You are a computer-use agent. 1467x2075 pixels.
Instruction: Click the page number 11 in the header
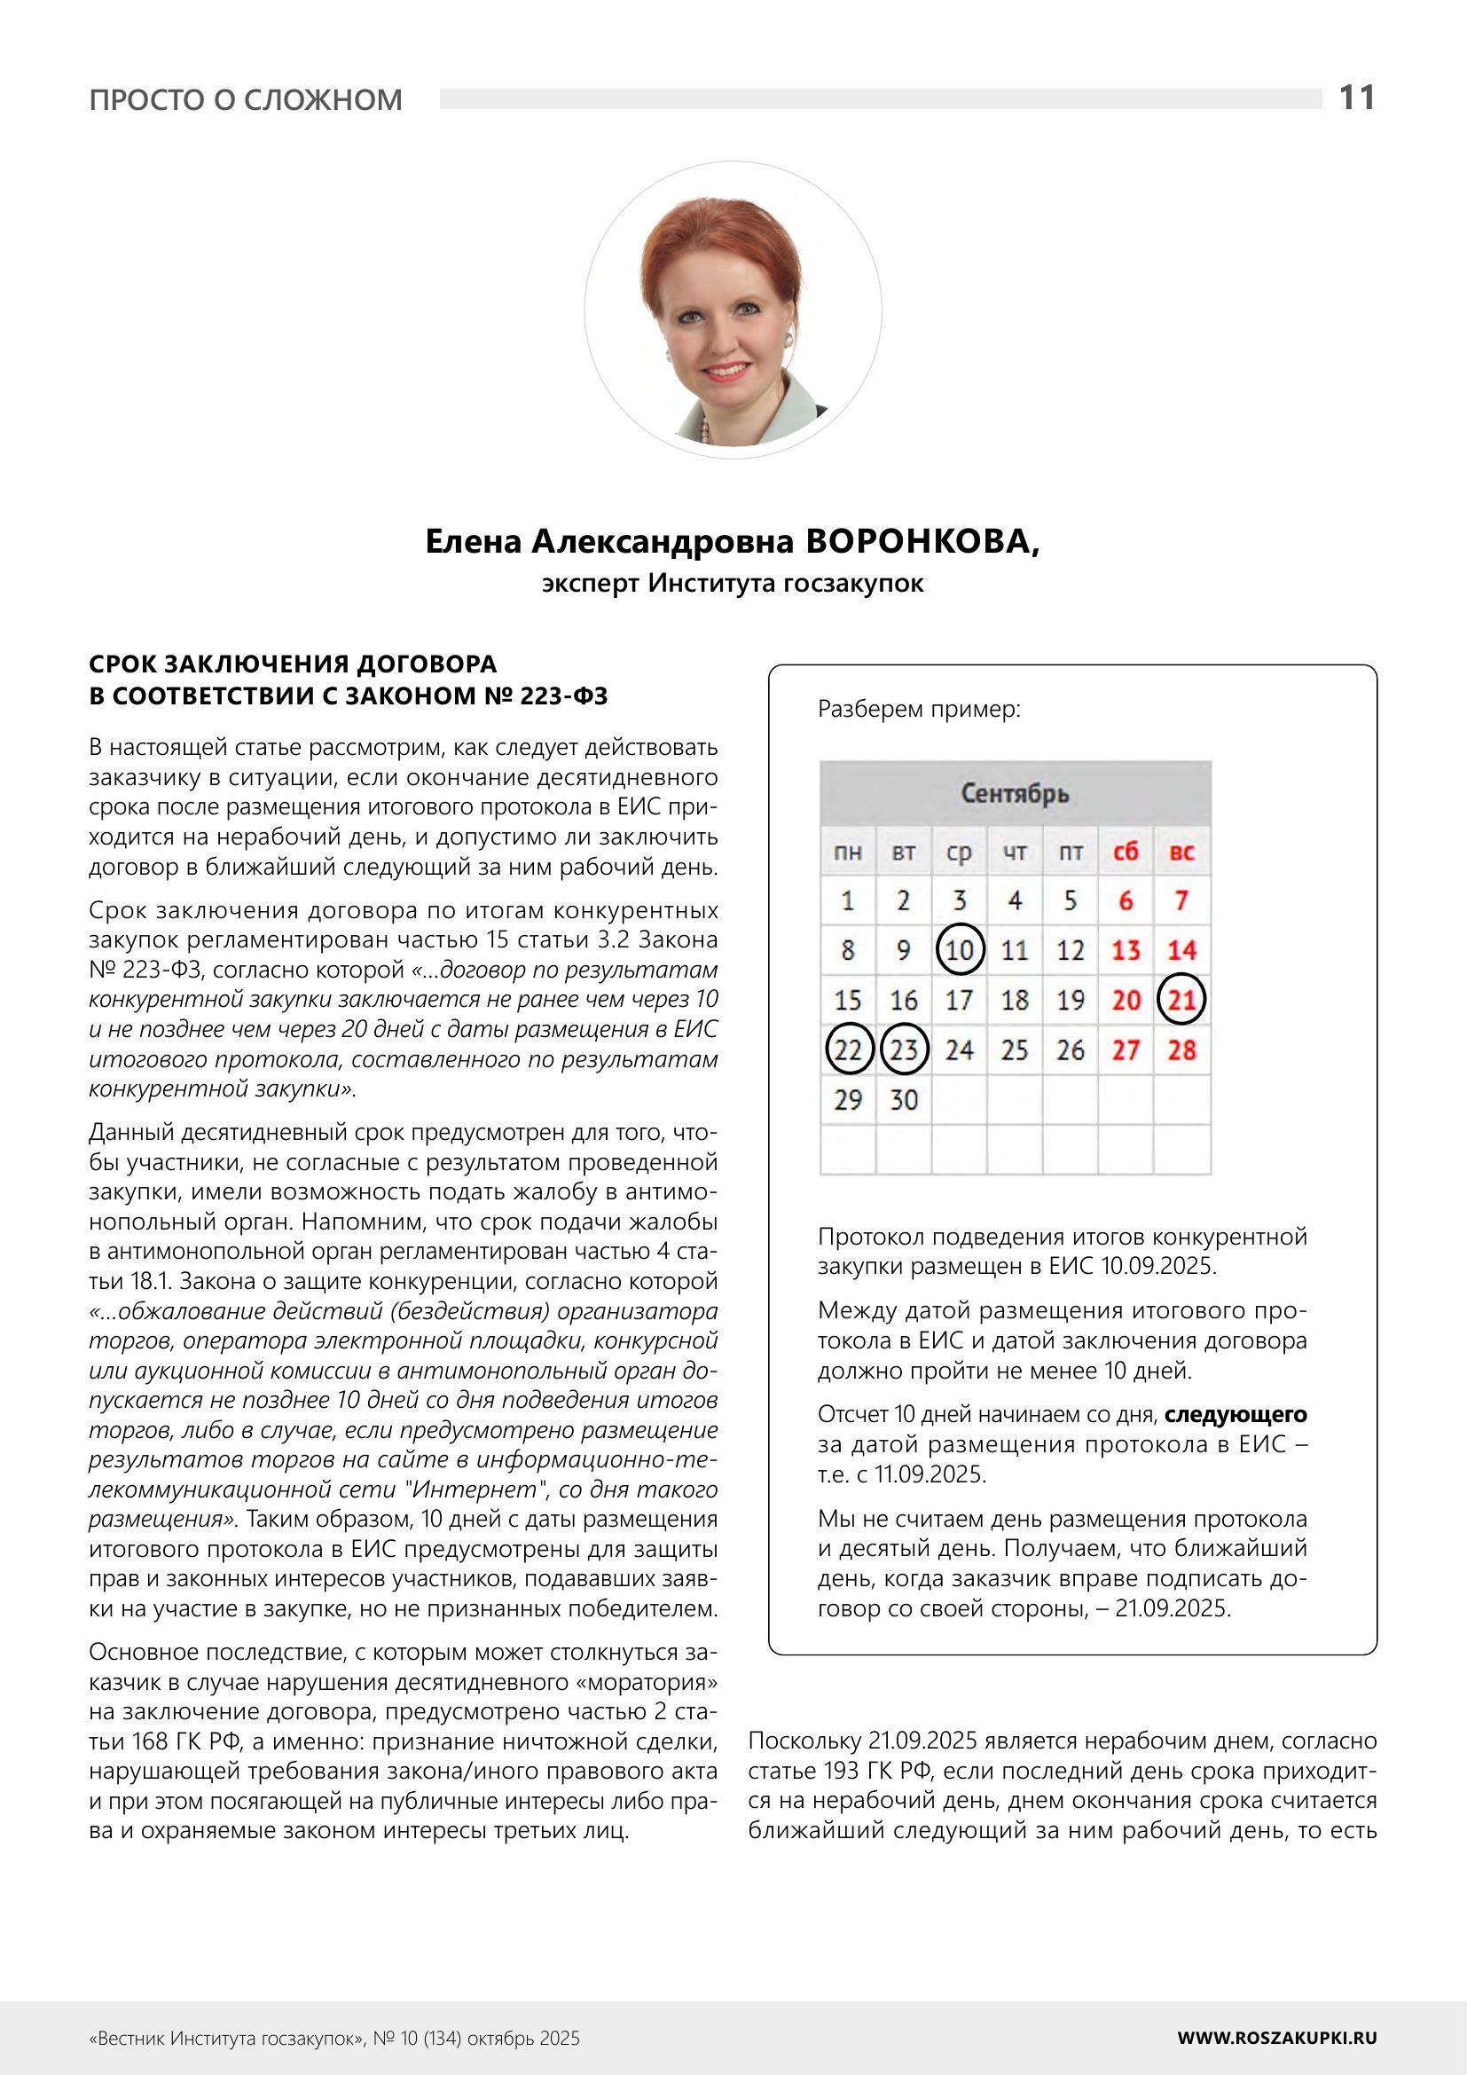click(x=1356, y=98)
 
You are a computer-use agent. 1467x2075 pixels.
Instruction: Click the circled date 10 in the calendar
click(x=960, y=950)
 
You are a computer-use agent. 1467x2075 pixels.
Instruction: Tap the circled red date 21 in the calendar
click(x=1181, y=1000)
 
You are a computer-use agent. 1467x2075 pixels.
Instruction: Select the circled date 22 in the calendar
click(x=848, y=1050)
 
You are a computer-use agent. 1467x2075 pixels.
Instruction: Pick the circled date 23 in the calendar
click(x=904, y=1050)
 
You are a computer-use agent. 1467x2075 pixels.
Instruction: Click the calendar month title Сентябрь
click(x=1015, y=793)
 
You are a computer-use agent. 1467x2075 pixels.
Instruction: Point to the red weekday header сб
click(x=1126, y=851)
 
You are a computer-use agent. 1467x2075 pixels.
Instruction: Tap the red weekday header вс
click(x=1181, y=851)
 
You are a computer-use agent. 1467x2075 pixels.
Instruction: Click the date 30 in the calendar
click(x=904, y=1100)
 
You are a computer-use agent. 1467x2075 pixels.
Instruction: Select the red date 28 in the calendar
click(x=1181, y=1050)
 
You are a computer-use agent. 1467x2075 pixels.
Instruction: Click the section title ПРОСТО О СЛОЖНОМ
click(x=246, y=99)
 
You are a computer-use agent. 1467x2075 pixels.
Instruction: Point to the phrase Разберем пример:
click(x=919, y=710)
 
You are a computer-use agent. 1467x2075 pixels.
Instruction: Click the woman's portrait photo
click(x=733, y=310)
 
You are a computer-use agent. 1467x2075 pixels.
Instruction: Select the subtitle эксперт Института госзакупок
click(x=733, y=584)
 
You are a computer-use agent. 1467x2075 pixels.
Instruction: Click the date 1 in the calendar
click(x=848, y=900)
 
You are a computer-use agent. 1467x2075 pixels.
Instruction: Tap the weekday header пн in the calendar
click(x=848, y=851)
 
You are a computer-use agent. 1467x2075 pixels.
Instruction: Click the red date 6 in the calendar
click(x=1126, y=900)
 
